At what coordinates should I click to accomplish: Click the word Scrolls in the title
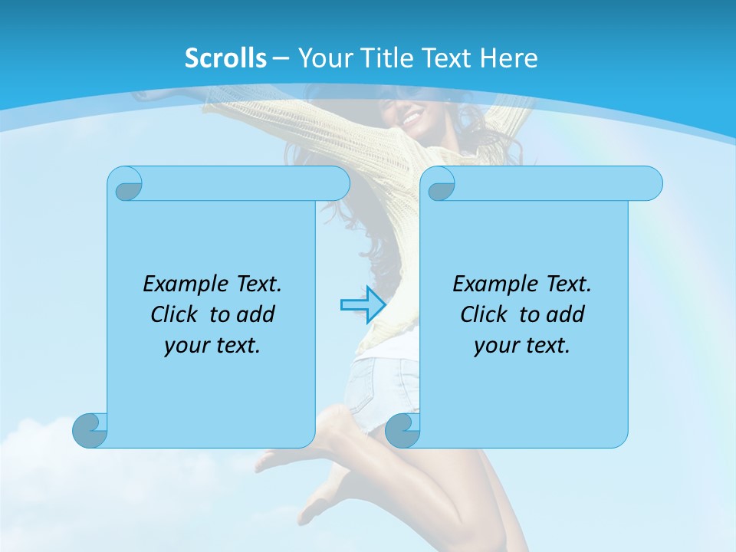point(226,58)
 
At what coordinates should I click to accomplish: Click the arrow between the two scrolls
point(362,304)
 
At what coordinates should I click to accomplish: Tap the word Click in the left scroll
point(176,314)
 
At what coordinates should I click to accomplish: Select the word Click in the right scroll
point(486,314)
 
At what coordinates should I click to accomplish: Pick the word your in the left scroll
point(185,346)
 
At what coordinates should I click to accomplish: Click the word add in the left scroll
point(257,314)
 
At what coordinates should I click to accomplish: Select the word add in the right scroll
point(567,314)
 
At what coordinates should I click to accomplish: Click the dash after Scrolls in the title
point(282,58)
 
